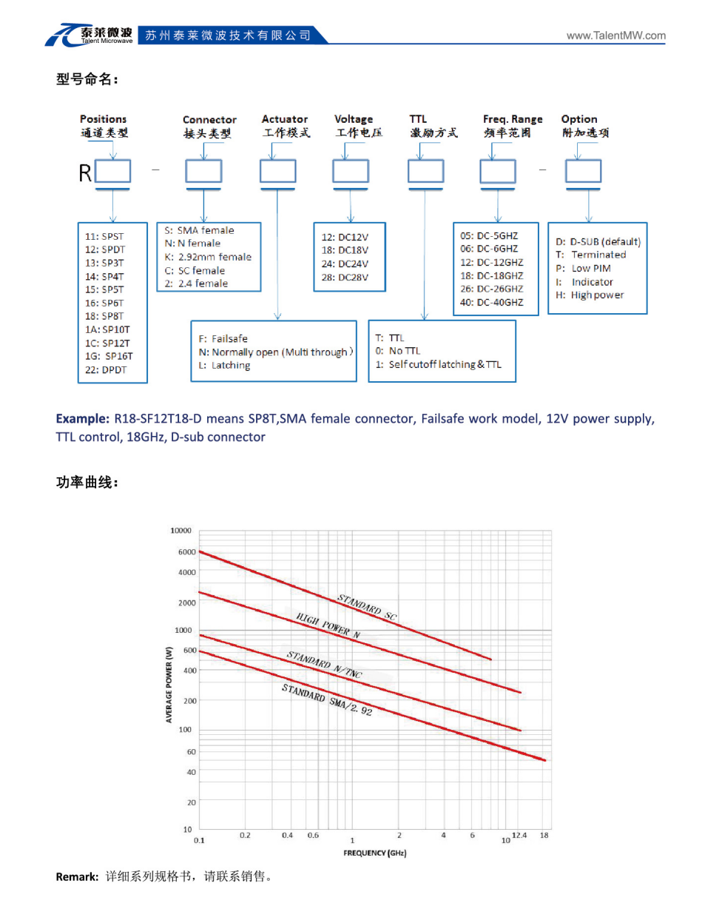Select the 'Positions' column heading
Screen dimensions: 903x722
[x=103, y=118]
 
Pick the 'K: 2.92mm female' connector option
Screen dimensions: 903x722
[x=208, y=257]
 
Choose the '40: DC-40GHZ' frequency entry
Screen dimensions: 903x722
[x=491, y=303]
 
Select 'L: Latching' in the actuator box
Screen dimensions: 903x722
[x=220, y=366]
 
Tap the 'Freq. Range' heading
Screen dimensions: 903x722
[x=512, y=118]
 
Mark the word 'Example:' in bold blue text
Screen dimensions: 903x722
[x=84, y=420]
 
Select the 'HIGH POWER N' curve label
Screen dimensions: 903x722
[x=326, y=625]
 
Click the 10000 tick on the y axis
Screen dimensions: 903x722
[x=182, y=531]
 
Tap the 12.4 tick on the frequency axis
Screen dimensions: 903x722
[x=522, y=836]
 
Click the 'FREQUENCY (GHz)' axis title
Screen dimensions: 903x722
[x=375, y=853]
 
